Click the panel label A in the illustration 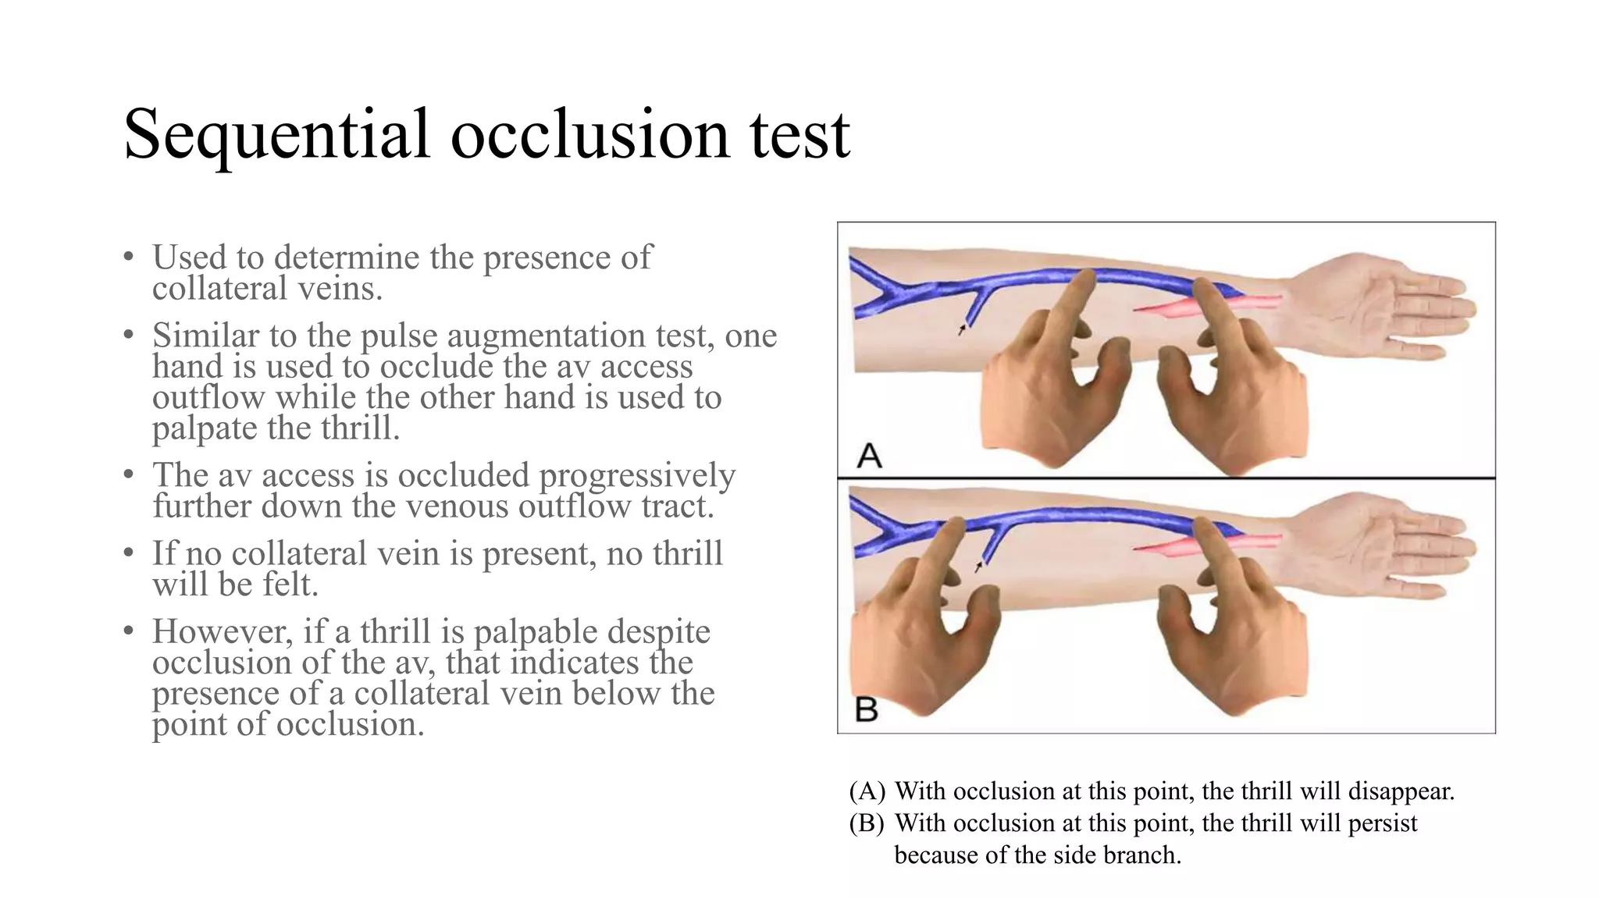(x=869, y=455)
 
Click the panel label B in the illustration (x=867, y=709)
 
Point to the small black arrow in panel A (x=962, y=330)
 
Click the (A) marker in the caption (x=867, y=791)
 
